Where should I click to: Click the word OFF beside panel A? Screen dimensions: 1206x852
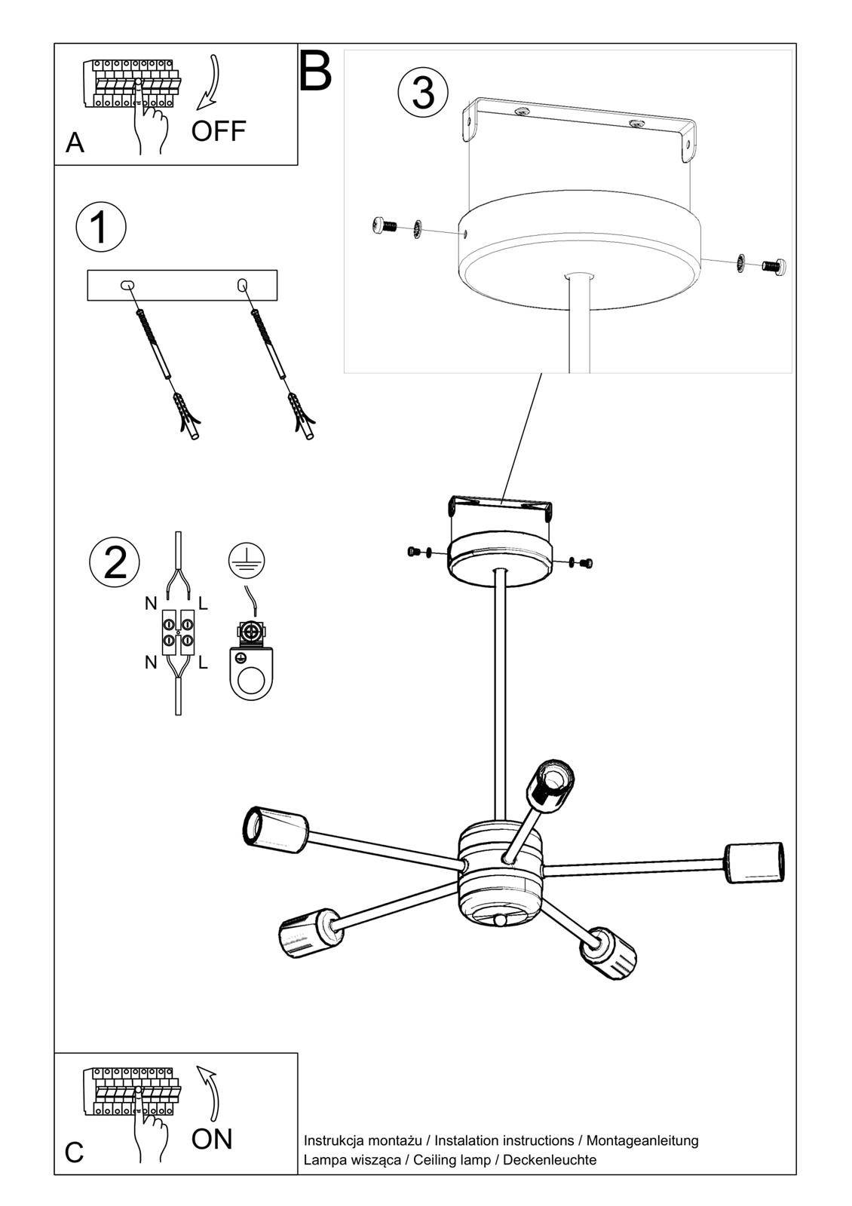click(219, 131)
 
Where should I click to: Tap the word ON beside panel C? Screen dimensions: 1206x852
click(212, 1139)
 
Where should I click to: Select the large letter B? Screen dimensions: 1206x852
click(315, 72)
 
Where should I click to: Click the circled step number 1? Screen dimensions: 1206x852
click(100, 228)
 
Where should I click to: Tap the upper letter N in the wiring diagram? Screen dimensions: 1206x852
click(151, 604)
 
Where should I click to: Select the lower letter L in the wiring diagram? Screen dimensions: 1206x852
click(203, 663)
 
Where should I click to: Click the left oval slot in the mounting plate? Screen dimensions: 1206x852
click(127, 285)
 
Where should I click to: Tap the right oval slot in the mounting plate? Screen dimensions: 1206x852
click(242, 284)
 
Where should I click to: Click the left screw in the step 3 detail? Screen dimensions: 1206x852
click(385, 225)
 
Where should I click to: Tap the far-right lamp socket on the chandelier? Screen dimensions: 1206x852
click(754, 862)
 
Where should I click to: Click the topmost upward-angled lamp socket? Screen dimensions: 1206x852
click(552, 785)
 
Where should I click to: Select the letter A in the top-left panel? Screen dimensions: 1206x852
click(75, 142)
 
